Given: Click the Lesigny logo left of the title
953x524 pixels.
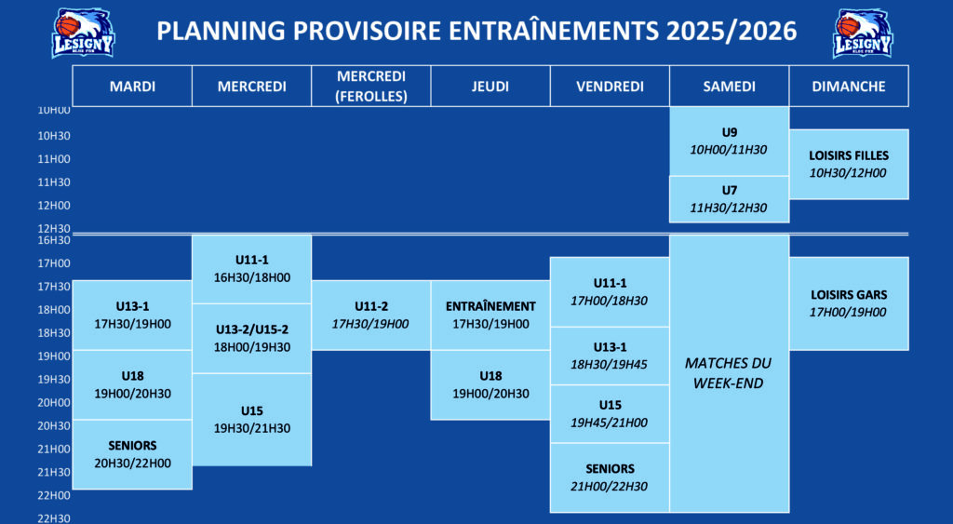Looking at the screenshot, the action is click(83, 33).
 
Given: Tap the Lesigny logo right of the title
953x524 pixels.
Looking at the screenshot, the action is click(863, 33).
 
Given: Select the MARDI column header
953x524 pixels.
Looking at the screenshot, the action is click(132, 87).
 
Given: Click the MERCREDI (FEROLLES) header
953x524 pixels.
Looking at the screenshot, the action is click(371, 87).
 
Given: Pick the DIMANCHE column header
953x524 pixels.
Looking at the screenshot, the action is click(849, 87).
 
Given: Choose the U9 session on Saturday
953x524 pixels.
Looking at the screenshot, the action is click(730, 141).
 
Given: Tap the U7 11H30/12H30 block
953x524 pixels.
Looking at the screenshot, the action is click(730, 199).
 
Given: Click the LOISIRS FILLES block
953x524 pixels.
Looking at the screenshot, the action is click(849, 164).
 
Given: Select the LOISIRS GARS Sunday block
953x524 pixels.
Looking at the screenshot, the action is click(849, 303).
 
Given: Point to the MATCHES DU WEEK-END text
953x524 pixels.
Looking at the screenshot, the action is click(728, 372).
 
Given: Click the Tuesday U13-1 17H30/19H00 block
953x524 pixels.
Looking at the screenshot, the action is click(132, 315).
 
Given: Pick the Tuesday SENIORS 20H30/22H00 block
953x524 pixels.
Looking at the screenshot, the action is click(132, 454).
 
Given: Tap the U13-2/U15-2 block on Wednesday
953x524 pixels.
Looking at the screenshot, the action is click(252, 338).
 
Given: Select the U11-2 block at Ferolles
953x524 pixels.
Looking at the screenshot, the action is click(371, 315).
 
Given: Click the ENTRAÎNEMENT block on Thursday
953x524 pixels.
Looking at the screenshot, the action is click(490, 315).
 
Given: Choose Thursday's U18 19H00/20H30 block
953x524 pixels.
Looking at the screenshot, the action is click(490, 384).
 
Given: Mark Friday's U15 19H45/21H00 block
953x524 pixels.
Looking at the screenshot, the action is click(610, 413).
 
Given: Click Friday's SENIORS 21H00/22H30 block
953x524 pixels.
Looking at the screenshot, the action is click(610, 477).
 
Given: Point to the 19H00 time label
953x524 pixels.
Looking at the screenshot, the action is click(54, 356).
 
